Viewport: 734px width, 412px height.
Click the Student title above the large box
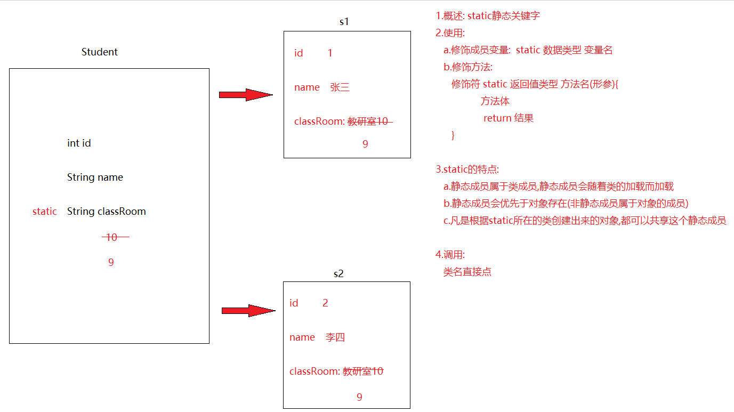tap(100, 52)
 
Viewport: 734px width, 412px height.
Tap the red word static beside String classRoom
tap(44, 212)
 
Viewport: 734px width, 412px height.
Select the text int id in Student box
tap(79, 143)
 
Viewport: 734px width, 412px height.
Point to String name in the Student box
tap(95, 177)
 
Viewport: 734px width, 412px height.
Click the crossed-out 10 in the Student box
tap(112, 237)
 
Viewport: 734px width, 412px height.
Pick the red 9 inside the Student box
tap(111, 262)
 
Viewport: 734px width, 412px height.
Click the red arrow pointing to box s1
tap(246, 95)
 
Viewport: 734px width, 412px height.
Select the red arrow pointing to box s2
tap(248, 311)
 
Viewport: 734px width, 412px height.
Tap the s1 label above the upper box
tap(344, 22)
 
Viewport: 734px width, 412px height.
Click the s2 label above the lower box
tap(338, 273)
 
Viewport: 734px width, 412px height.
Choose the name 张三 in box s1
tap(340, 87)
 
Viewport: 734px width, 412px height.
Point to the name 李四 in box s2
tap(335, 337)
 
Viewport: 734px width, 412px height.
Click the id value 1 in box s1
tap(330, 53)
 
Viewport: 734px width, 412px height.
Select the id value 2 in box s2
tap(325, 303)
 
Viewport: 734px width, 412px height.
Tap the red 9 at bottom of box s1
tap(365, 144)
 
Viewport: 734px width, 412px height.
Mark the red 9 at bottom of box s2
tap(359, 397)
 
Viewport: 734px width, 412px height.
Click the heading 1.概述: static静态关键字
tap(488, 16)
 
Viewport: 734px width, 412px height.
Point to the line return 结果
tap(509, 118)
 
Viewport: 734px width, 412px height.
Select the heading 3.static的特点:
tap(467, 169)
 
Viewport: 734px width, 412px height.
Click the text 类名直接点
tap(467, 272)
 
